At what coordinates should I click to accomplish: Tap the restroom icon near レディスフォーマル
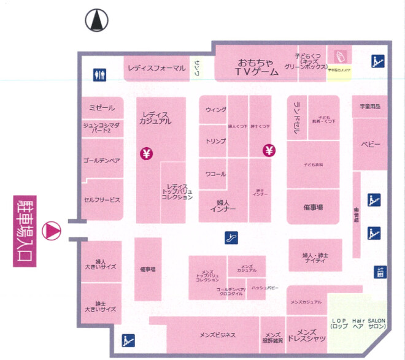coord(100,74)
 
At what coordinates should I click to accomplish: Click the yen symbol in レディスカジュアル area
coord(147,153)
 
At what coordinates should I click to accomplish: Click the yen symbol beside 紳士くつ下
coord(269,150)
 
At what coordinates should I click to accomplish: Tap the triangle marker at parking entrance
coord(52,231)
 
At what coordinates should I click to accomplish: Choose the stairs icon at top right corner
coord(377,61)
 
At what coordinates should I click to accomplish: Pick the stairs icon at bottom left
coord(129,339)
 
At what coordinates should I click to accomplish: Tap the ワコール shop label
coord(215,174)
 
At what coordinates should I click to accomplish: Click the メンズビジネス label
coord(217,334)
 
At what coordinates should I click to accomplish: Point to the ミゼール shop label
coord(102,107)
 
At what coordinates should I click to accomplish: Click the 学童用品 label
coord(370,107)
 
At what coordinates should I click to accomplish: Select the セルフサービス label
coord(102,200)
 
